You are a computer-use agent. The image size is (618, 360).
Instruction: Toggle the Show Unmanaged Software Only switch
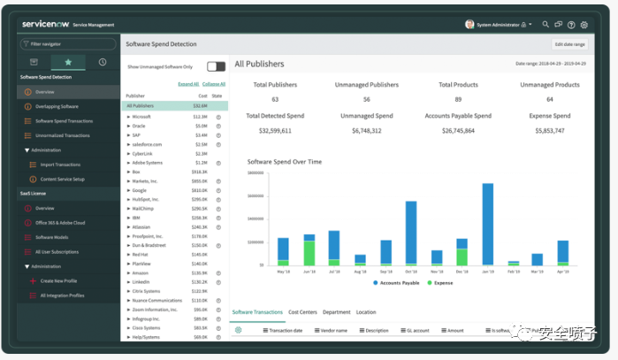click(x=216, y=66)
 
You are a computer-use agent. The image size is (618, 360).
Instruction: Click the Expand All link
click(x=188, y=83)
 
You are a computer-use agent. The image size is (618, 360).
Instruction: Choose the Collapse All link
click(x=213, y=83)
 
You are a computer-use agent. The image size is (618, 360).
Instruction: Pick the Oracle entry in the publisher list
click(x=139, y=126)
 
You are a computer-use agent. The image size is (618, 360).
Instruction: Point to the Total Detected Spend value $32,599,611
click(x=275, y=130)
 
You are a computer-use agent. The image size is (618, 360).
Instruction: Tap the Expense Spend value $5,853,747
click(x=549, y=130)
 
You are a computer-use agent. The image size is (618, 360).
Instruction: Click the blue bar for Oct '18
click(x=411, y=233)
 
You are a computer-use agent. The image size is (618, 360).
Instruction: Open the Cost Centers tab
click(x=302, y=312)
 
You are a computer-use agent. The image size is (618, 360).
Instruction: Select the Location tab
click(x=365, y=312)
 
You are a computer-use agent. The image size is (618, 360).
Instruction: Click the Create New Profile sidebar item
click(x=58, y=280)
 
